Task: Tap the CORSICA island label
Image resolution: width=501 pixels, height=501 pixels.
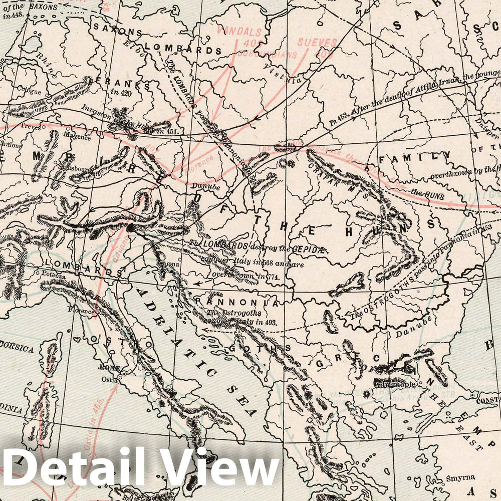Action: [x=18, y=349]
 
